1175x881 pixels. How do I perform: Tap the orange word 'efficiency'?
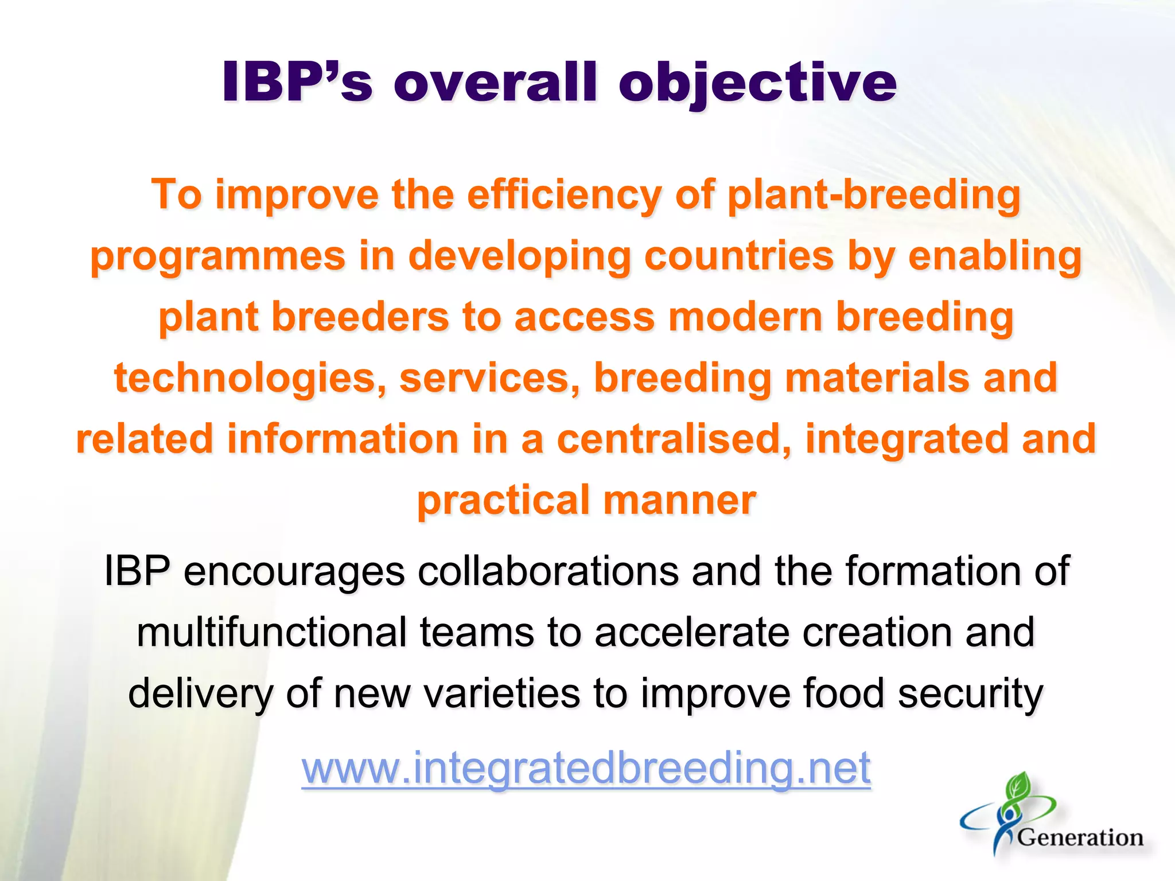point(564,195)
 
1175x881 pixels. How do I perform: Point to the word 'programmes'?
point(218,256)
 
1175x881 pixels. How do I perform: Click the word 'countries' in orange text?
point(739,256)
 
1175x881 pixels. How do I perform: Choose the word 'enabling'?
point(995,256)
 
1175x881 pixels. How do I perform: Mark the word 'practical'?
point(504,500)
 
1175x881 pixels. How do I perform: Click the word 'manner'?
point(680,500)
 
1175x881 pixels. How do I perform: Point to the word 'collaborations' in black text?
point(548,571)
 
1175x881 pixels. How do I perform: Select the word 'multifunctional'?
point(271,632)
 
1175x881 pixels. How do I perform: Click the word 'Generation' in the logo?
point(1080,838)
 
